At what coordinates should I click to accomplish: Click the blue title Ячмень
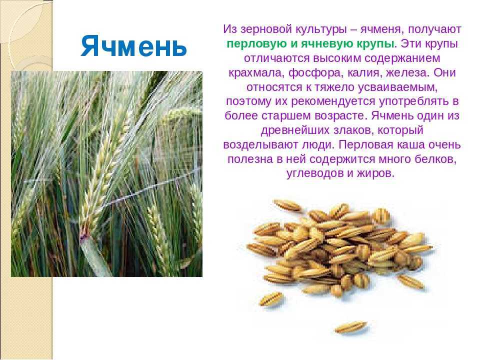[134, 46]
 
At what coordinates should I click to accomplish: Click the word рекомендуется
[333, 101]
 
